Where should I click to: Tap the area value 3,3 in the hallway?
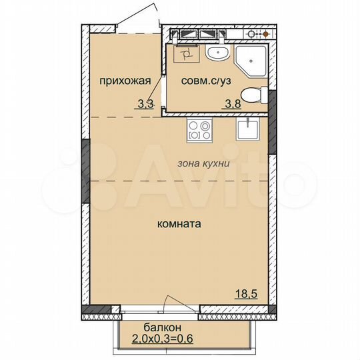(144, 103)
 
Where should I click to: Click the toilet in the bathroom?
(251, 96)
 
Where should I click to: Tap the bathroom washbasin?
(216, 53)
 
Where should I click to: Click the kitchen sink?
(247, 129)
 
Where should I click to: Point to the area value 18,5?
(248, 293)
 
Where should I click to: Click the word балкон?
(162, 327)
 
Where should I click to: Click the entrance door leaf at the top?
(141, 17)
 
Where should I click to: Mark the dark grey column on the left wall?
(85, 172)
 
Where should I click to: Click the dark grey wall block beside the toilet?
(271, 99)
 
